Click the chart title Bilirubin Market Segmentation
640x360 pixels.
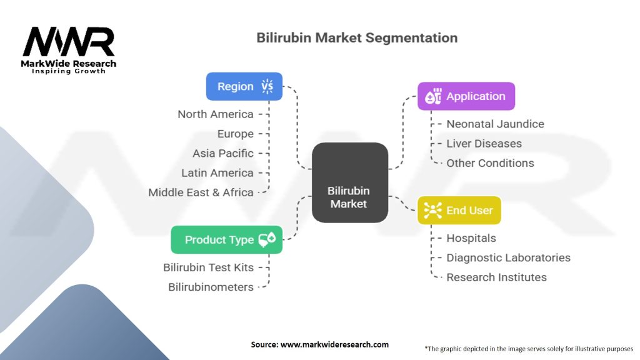pyautogui.click(x=357, y=37)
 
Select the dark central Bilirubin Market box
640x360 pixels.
pyautogui.click(x=350, y=182)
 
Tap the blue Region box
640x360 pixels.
pyautogui.click(x=244, y=86)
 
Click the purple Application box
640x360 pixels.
pyautogui.click(x=466, y=96)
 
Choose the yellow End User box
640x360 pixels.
pyautogui.click(x=459, y=211)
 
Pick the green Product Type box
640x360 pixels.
pyautogui.click(x=227, y=239)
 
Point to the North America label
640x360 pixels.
pyautogui.click(x=216, y=114)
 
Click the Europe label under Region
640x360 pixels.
pyautogui.click(x=236, y=134)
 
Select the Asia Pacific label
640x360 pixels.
pyautogui.click(x=223, y=153)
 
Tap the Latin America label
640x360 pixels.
pyautogui.click(x=217, y=173)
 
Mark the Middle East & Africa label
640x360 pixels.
pyautogui.click(x=201, y=192)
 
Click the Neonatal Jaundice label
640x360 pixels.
pyautogui.click(x=495, y=124)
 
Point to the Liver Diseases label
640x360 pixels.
pyautogui.click(x=484, y=143)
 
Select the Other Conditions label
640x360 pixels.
pyautogui.click(x=490, y=163)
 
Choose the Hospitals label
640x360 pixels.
pyautogui.click(x=471, y=238)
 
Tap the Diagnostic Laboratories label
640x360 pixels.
pyautogui.click(x=508, y=257)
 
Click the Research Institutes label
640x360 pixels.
pyautogui.click(x=496, y=277)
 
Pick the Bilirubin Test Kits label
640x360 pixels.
pyautogui.click(x=209, y=267)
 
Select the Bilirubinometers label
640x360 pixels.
pyautogui.click(x=211, y=287)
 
